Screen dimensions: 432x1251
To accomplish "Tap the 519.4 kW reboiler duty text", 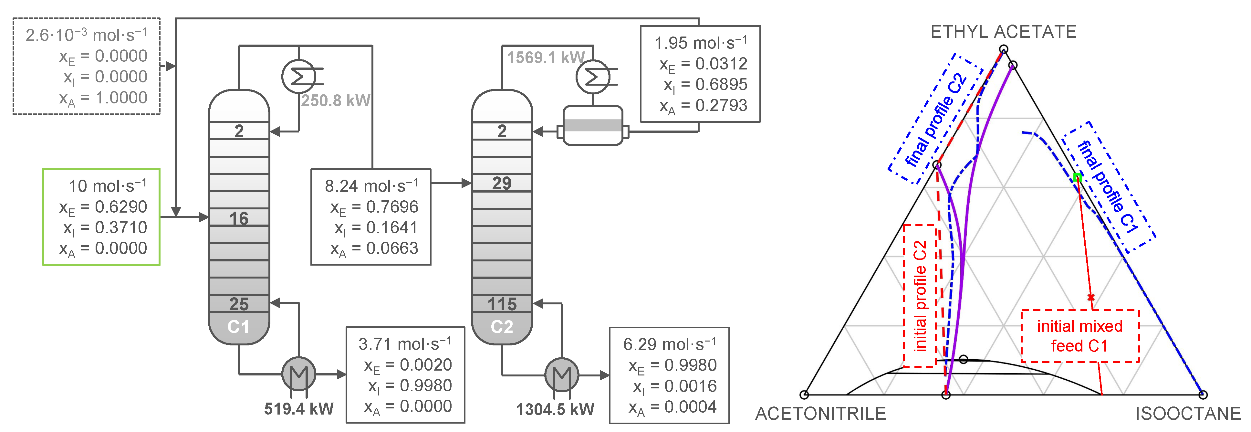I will pyautogui.click(x=299, y=409).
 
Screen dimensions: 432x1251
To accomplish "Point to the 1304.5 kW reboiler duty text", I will pyautogui.click(x=555, y=409).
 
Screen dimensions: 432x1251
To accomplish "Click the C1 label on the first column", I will pyautogui.click(x=238, y=327).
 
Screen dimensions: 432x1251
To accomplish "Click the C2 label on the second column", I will pyautogui.click(x=502, y=327).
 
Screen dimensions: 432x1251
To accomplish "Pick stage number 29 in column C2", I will pyautogui.click(x=502, y=183).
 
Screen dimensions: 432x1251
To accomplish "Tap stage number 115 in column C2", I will pyautogui.click(x=502, y=304).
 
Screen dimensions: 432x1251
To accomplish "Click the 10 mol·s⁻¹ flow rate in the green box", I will pyautogui.click(x=107, y=186).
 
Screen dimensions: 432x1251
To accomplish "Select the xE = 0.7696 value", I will pyautogui.click(x=374, y=207).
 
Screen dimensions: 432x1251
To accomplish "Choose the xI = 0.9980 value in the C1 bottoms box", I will pyautogui.click(x=409, y=385).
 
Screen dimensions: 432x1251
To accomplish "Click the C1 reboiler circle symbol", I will pyautogui.click(x=299, y=374).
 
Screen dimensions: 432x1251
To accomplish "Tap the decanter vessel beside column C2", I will pyautogui.click(x=592, y=125).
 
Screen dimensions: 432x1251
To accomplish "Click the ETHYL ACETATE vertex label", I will pyautogui.click(x=1003, y=32).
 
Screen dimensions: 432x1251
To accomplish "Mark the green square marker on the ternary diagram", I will pyautogui.click(x=1077, y=178).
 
